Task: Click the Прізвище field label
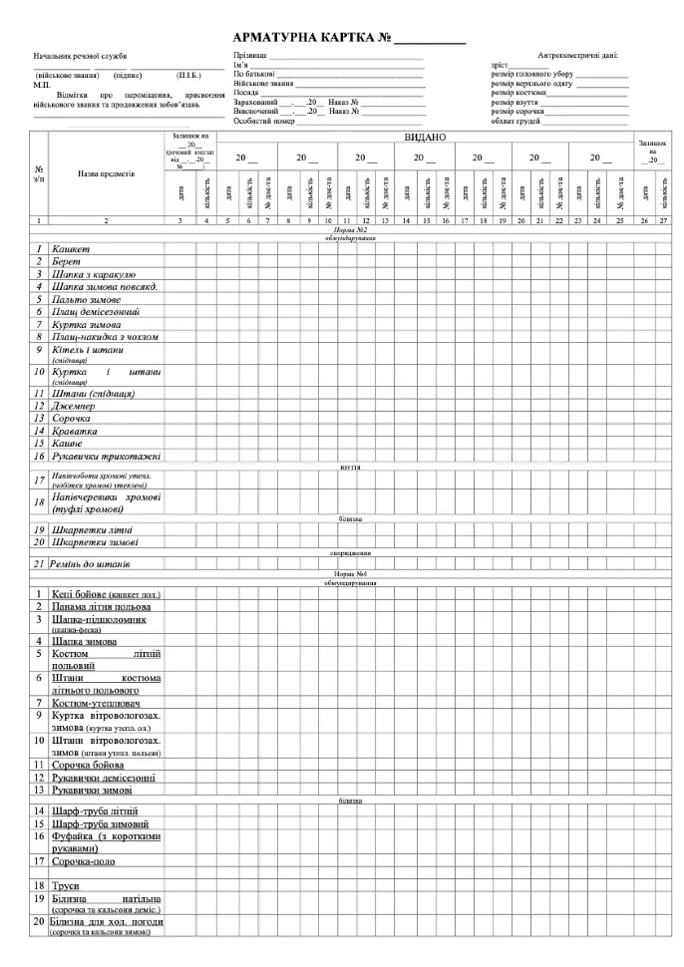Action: coord(249,56)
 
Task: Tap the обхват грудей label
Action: coord(515,121)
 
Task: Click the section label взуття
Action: coord(349,466)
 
